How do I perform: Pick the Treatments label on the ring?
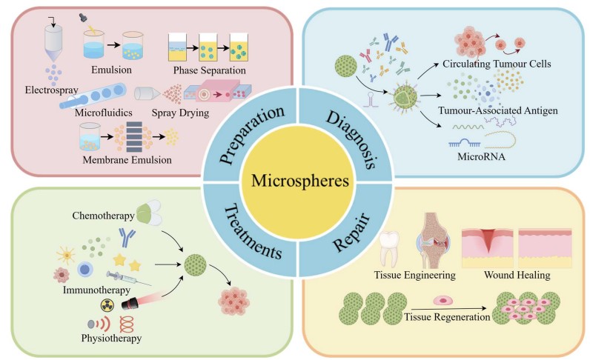point(251,227)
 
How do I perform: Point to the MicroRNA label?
point(485,156)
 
